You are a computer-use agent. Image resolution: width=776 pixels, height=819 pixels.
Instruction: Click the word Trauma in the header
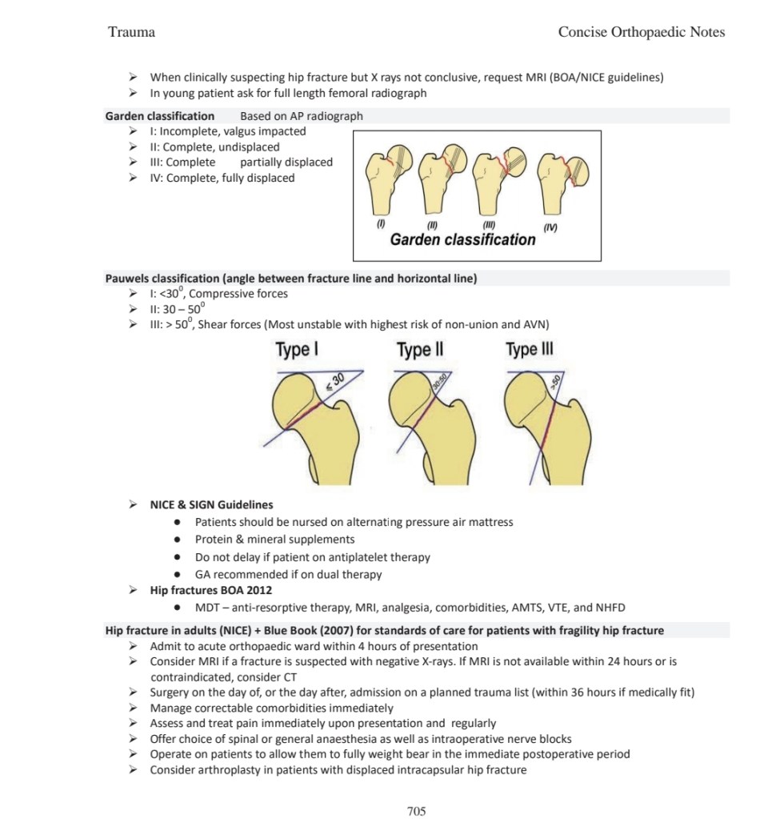tap(131, 32)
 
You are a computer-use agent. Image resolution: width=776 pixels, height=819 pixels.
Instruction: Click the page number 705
tap(416, 811)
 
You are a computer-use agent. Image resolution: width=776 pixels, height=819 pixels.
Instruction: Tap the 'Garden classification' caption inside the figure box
tap(462, 239)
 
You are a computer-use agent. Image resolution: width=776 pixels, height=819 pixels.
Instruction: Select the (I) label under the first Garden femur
tap(382, 223)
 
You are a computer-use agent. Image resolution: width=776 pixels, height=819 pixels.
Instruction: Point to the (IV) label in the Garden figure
tap(550, 228)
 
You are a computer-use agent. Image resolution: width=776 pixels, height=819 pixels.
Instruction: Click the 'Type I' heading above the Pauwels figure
tap(298, 350)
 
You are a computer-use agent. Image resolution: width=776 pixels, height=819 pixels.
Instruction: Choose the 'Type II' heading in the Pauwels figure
tap(419, 350)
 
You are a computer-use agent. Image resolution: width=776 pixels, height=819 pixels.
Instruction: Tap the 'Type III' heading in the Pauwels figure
tap(529, 350)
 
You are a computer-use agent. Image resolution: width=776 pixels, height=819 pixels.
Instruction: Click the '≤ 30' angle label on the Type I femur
tap(334, 386)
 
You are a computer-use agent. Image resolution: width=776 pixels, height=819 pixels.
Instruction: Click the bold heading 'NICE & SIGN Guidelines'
tap(211, 504)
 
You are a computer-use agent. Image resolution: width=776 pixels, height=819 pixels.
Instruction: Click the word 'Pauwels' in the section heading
tap(128, 279)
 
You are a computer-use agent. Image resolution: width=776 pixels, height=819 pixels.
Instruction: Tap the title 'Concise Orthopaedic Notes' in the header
tap(641, 32)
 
